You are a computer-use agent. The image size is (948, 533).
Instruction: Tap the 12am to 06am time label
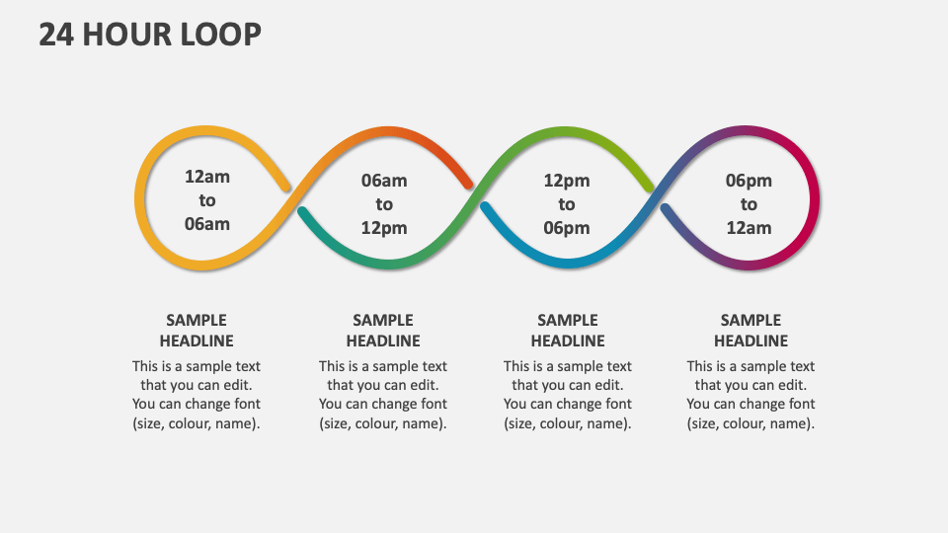pos(207,200)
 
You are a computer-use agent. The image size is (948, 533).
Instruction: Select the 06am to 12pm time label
pos(384,204)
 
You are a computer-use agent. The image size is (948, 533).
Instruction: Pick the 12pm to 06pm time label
pos(567,204)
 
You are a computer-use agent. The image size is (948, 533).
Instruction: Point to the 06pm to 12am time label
pos(749,204)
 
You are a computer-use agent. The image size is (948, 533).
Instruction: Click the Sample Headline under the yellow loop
pos(197,331)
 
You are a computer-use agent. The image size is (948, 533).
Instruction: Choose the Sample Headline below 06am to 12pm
pos(383,331)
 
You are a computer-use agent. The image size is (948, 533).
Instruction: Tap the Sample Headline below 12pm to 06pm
pos(568,331)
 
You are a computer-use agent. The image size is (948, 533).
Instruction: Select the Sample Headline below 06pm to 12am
pos(750,331)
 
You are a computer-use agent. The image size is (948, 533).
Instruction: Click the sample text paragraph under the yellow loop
pos(197,395)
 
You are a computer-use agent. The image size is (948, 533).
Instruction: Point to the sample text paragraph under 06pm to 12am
pos(750,395)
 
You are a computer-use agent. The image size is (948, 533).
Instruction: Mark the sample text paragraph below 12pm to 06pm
pos(568,395)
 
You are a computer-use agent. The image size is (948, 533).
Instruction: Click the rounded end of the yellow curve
pos(284,186)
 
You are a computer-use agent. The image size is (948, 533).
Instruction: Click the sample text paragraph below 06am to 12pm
pos(383,395)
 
